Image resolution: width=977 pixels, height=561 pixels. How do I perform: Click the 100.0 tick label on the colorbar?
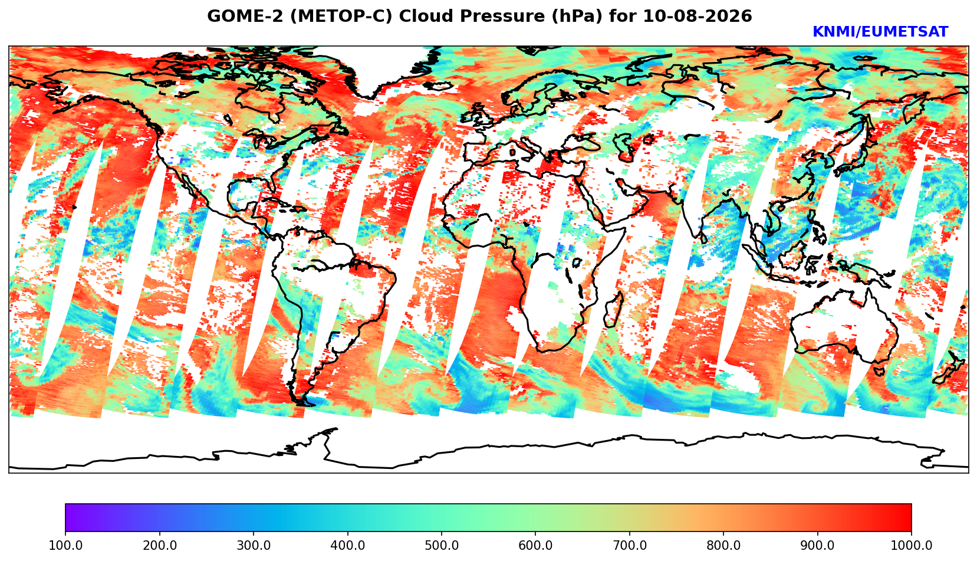[x=65, y=545]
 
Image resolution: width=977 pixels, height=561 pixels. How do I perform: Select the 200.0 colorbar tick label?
[x=160, y=545]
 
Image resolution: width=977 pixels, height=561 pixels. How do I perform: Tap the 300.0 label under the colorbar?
[x=254, y=545]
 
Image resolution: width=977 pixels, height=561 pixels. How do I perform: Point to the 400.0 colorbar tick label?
[x=348, y=545]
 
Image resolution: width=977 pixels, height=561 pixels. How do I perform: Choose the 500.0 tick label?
[x=442, y=545]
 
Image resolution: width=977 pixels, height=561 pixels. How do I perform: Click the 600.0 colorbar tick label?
[x=535, y=545]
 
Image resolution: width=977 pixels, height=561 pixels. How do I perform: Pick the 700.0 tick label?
[x=629, y=545]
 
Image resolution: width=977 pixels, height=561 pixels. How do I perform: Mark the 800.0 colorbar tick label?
[x=723, y=545]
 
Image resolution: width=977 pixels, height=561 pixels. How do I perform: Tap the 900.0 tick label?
[x=817, y=545]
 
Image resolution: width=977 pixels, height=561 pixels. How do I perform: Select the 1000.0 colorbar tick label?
[x=912, y=545]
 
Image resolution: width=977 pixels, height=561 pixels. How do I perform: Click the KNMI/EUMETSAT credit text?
[x=880, y=32]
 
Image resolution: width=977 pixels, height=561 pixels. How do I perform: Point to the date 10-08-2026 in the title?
[x=698, y=17]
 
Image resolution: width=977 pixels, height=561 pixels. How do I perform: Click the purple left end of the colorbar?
[x=67, y=517]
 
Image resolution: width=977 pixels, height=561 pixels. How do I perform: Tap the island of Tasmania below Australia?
[x=879, y=372]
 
